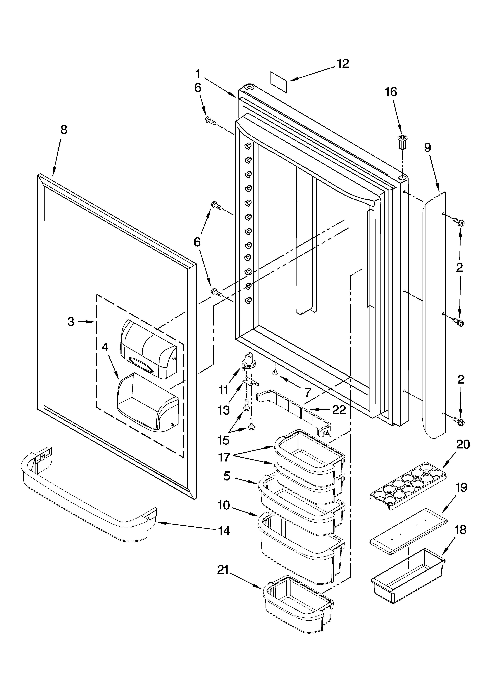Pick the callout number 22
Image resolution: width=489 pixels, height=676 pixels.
(339, 410)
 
